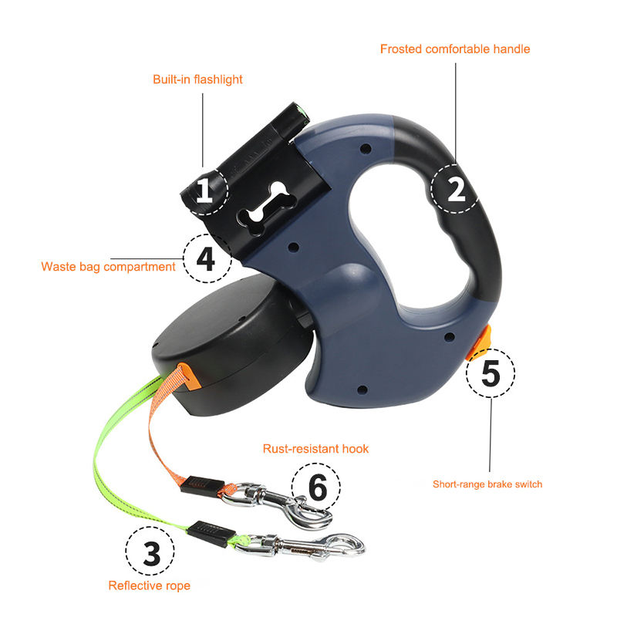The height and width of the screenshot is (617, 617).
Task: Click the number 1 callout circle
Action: point(204,189)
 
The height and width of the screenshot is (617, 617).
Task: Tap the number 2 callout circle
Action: point(456,188)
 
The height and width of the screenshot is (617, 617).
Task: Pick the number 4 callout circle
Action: point(205,259)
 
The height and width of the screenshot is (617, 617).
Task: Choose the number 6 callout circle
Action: point(315,487)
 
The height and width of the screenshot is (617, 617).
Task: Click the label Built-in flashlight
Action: point(197,79)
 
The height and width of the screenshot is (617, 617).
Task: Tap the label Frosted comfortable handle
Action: point(455,49)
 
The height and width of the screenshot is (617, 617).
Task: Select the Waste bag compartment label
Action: point(109,267)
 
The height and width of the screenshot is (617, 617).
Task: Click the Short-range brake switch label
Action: point(487,484)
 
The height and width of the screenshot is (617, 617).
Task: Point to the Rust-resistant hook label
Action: point(315,448)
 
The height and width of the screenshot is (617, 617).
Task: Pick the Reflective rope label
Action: point(149,585)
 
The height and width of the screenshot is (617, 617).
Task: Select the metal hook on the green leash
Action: point(308,546)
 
